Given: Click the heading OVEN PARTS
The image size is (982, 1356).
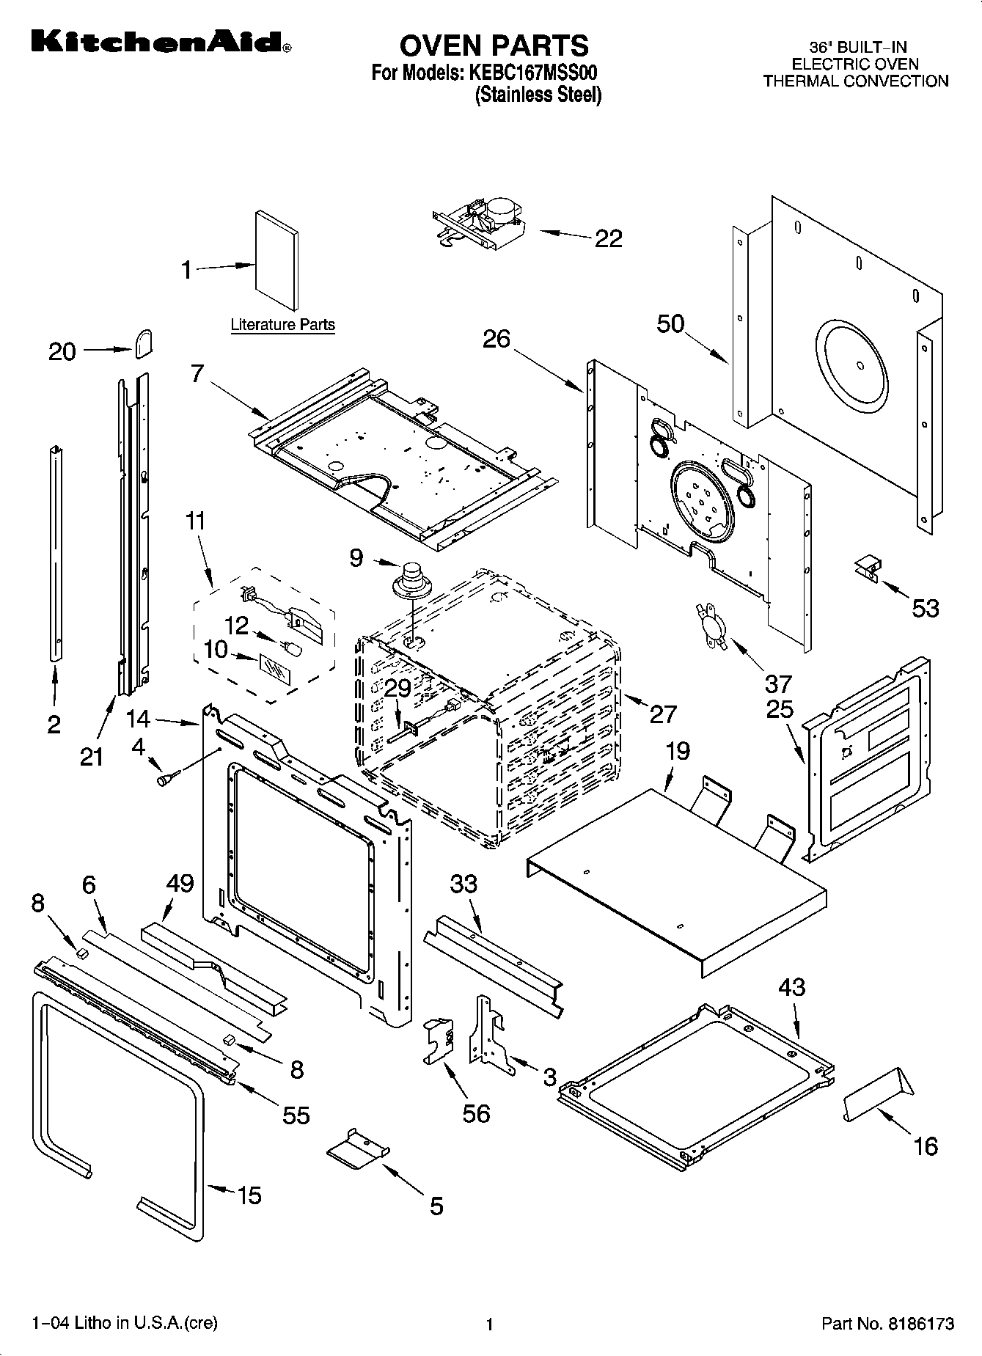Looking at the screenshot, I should click(494, 45).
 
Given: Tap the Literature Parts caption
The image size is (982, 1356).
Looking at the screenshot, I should click(282, 324).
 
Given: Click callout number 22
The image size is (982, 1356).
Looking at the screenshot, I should click(608, 238).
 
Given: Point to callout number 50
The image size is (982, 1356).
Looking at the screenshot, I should click(670, 323).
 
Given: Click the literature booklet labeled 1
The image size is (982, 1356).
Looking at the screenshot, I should click(276, 260).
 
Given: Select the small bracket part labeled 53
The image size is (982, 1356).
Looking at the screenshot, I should click(868, 570).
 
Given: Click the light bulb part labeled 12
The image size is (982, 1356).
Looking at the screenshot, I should click(293, 648).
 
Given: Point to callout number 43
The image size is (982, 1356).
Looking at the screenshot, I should click(792, 986).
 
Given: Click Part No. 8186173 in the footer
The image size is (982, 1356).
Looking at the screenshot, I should click(887, 1324).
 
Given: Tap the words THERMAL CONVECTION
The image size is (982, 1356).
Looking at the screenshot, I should click(855, 81).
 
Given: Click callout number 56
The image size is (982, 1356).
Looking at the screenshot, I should click(476, 1113).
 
